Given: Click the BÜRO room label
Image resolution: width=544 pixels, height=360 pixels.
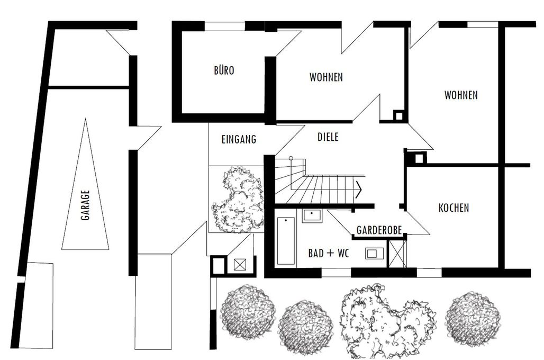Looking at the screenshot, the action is point(224,70).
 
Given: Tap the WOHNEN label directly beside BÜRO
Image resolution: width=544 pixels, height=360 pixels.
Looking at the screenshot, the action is point(326,77).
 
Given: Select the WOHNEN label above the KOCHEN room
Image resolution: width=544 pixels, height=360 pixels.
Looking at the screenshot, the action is point(461,95).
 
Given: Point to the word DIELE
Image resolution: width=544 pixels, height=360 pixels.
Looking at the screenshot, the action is point(328,137).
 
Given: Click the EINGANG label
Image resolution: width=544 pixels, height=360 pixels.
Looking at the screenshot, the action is point(239,140).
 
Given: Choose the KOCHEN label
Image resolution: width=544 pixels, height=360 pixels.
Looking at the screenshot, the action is point(454,208).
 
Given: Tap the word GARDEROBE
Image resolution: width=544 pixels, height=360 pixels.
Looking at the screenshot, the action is point(379,230).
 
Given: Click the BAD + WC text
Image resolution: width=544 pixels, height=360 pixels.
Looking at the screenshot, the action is point(329,254).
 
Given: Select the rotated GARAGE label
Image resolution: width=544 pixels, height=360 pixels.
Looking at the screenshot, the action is point(85,205).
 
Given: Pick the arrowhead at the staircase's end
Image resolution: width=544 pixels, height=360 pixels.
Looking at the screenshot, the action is point(358,190).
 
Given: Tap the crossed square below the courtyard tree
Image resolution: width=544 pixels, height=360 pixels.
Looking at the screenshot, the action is point(239,265).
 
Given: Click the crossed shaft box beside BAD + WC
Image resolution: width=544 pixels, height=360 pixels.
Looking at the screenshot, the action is point(397,254).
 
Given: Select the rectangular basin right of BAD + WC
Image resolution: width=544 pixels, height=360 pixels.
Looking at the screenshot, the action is point(375,254).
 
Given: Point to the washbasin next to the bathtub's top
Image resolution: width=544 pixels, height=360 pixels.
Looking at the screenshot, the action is point(312,215).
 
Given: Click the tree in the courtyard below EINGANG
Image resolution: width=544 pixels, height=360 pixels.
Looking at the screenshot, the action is point(238,198).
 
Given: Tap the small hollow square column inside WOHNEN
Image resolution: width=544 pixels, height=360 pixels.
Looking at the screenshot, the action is point(398,115).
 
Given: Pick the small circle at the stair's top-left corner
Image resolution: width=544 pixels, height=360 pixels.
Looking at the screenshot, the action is point(291,158).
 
